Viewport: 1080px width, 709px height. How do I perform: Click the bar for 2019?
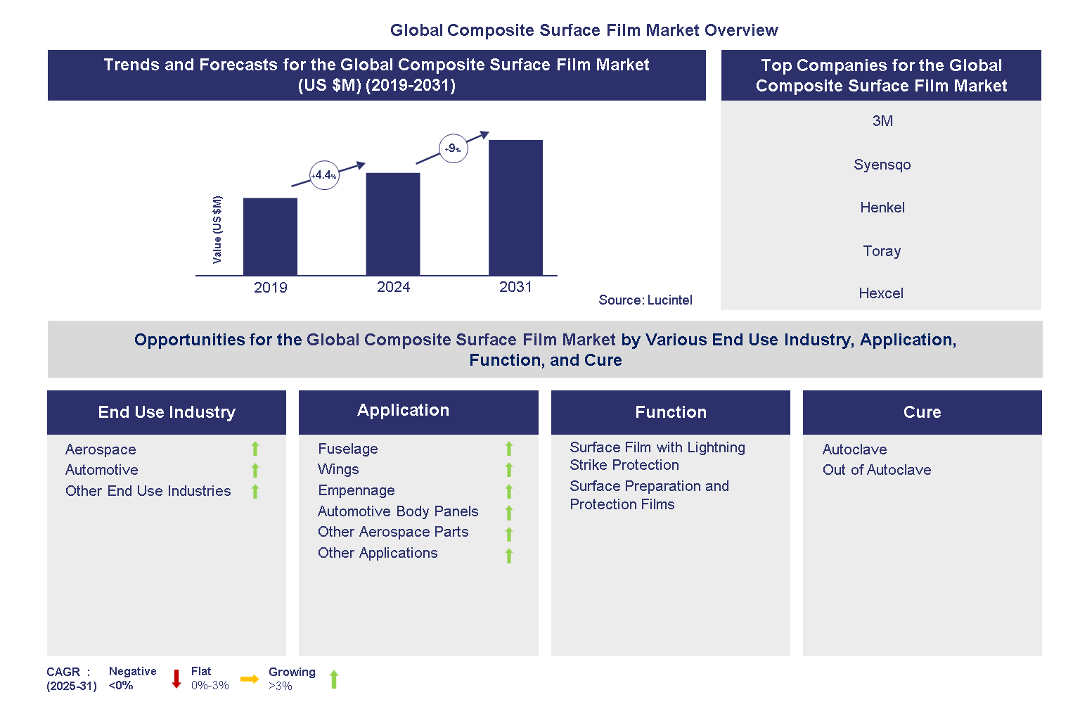click(270, 236)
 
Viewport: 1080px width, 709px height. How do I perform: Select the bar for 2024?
click(392, 224)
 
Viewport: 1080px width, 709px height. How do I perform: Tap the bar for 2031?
click(515, 207)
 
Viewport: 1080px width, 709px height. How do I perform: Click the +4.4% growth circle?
click(324, 175)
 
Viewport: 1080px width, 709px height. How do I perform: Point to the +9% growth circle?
click(453, 148)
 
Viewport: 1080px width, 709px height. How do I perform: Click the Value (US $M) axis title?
click(217, 230)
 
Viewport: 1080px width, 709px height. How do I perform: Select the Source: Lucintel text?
click(645, 300)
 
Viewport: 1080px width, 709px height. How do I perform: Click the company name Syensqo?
click(882, 165)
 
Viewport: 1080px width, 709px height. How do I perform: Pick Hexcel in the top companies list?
click(881, 293)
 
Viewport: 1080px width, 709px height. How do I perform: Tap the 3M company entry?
click(882, 121)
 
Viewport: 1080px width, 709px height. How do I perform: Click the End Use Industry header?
click(167, 412)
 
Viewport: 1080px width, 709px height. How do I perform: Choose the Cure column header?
click(922, 412)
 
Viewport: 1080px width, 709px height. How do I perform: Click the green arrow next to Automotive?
click(255, 471)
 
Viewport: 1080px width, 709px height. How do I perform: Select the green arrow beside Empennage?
click(509, 491)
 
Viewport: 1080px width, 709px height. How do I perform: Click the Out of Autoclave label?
click(877, 470)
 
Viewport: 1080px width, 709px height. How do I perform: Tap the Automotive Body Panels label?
click(398, 511)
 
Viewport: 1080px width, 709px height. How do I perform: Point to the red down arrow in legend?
click(176, 679)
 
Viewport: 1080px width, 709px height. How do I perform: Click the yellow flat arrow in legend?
click(249, 679)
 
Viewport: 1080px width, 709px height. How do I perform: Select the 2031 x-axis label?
click(515, 287)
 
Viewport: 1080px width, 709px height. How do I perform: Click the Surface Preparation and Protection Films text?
click(648, 495)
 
